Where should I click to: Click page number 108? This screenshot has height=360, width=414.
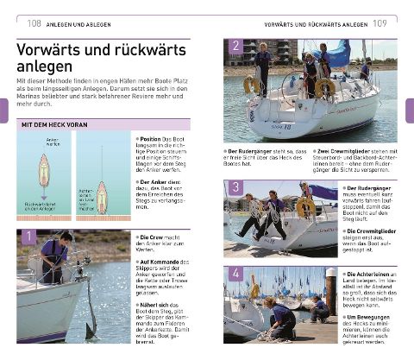tap(35, 22)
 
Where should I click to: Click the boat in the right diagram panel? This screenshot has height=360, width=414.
tap(102, 197)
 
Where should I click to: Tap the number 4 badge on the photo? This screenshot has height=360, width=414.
tap(234, 275)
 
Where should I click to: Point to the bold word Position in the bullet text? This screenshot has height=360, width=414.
tap(151, 136)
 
